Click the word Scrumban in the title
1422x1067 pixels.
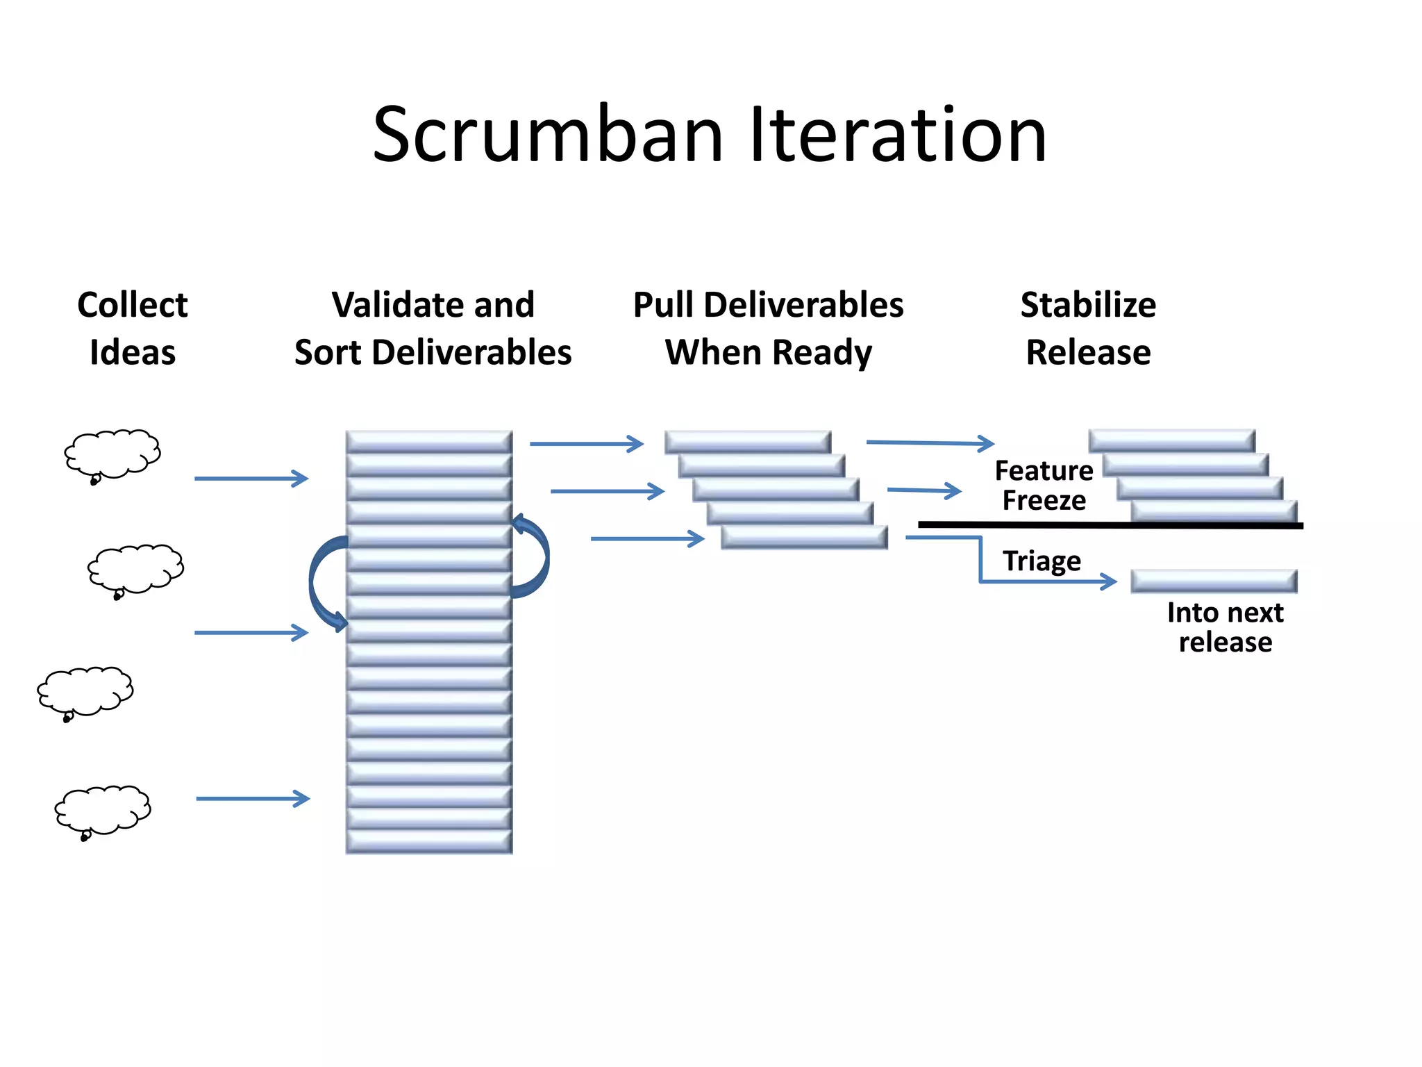pyautogui.click(x=549, y=135)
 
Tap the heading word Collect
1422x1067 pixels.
pyautogui.click(x=132, y=305)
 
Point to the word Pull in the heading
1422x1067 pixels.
pyautogui.click(x=663, y=305)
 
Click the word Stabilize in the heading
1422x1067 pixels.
pyautogui.click(x=1088, y=305)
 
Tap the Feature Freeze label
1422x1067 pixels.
pyautogui.click(x=1044, y=486)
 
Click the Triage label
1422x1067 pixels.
pyautogui.click(x=1042, y=560)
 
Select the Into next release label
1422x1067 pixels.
pyautogui.click(x=1225, y=627)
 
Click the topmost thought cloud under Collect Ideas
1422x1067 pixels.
pyautogui.click(x=113, y=454)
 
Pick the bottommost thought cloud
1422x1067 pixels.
pyautogui.click(x=103, y=810)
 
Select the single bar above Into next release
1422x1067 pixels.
pyautogui.click(x=1213, y=581)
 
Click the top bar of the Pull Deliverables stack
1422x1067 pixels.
pyautogui.click(x=747, y=442)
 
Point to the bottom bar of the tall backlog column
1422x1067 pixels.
pyautogui.click(x=428, y=842)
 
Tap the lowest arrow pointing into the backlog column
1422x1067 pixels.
pyautogui.click(x=253, y=798)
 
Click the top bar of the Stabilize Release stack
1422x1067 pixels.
pyautogui.click(x=1171, y=440)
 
